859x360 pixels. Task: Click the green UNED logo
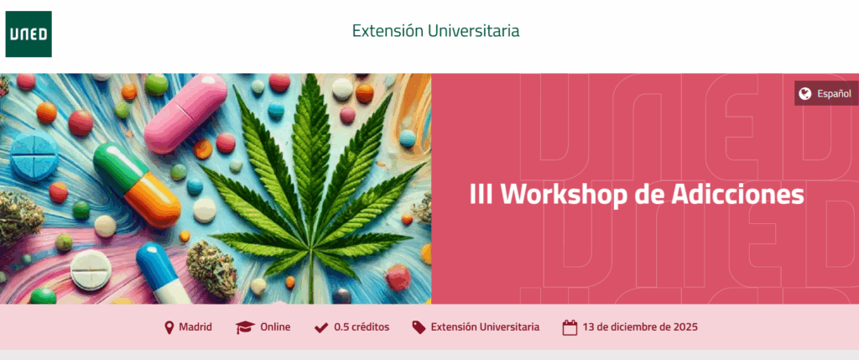29,34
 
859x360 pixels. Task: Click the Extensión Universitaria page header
435,31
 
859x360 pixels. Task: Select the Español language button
826,94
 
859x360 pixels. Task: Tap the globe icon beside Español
804,94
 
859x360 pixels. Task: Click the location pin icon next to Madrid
169,327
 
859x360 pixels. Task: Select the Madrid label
195,327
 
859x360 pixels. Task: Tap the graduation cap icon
245,327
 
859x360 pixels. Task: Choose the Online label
275,327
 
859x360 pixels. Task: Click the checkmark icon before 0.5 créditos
321,327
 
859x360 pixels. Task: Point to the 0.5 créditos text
362,327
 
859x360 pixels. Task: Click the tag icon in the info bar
419,327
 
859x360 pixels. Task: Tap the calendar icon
570,327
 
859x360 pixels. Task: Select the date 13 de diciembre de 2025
640,327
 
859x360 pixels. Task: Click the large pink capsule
185,113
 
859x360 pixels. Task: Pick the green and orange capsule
137,184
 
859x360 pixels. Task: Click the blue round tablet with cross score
34,155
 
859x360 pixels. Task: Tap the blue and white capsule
163,273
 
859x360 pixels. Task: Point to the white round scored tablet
91,269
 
